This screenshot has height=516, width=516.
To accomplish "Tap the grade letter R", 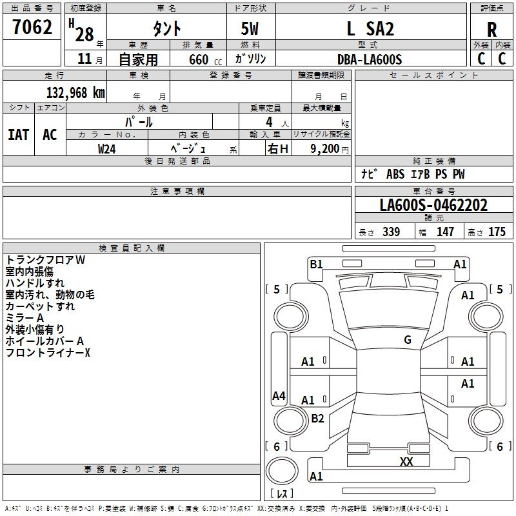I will (491, 30).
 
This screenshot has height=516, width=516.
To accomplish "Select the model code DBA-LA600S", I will (370, 59).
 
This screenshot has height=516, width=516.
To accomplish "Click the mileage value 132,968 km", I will (75, 92).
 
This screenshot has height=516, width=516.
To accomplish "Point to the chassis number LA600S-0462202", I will (433, 206).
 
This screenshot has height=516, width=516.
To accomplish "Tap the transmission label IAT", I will (18, 135).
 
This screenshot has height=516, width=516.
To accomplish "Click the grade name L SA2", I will (370, 29).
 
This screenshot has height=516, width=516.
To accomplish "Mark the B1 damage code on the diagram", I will (316, 264).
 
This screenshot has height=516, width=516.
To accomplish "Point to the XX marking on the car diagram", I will (406, 461).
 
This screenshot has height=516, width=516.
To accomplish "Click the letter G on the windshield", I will (408, 340).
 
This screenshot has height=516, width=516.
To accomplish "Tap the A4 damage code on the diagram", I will (279, 396).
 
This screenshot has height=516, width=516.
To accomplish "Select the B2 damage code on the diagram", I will (317, 419).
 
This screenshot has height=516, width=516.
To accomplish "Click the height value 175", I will (497, 232).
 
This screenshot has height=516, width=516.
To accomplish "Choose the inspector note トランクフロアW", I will (46, 260).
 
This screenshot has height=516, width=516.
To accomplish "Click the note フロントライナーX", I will (48, 353).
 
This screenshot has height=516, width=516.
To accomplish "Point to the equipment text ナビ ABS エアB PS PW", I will (413, 174).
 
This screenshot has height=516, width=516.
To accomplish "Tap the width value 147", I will (445, 232).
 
